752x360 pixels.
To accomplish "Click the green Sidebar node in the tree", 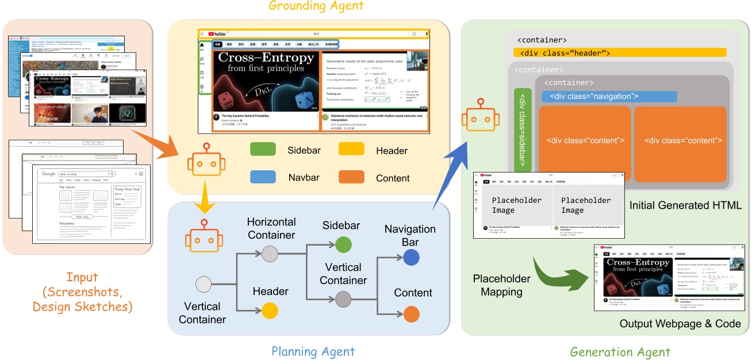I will point(343,245).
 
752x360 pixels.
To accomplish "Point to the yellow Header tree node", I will point(270,311).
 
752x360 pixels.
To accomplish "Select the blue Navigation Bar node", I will point(410,258).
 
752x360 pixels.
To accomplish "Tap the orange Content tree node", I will point(411,314).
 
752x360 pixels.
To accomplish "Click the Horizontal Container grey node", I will point(270,254).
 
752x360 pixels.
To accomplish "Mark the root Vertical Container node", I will point(204,285).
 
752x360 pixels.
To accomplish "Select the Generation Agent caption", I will point(620,351).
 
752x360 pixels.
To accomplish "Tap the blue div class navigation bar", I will point(609,96).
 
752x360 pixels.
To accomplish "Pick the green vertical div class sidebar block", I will point(523,131).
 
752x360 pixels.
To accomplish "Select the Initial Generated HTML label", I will point(686,205).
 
